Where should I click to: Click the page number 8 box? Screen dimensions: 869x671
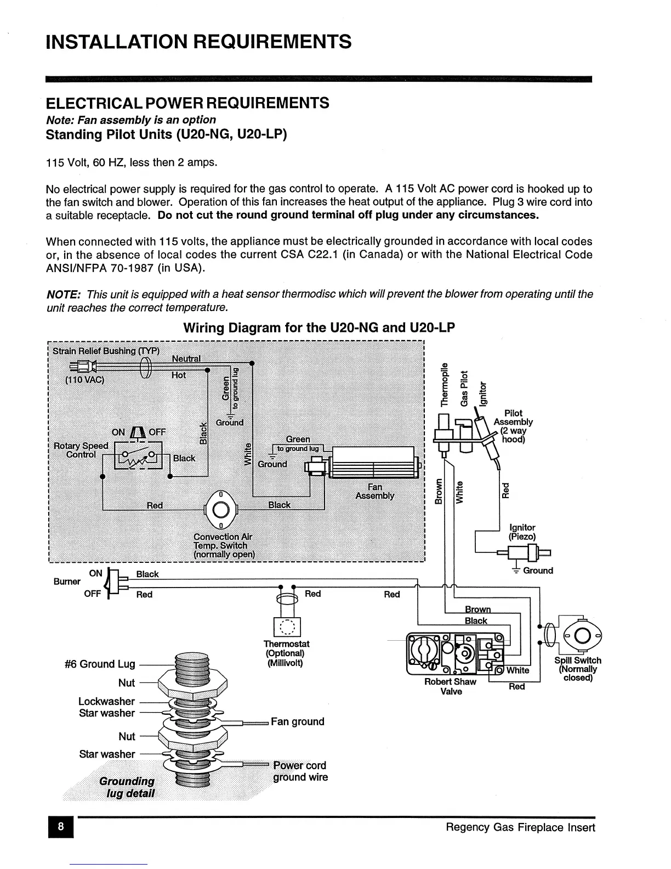pyautogui.click(x=61, y=827)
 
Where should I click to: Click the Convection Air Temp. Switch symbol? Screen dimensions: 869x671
pyautogui.click(x=220, y=510)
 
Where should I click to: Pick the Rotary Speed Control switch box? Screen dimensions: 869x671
pyautogui.click(x=138, y=455)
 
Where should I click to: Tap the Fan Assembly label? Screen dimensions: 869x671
pyautogui.click(x=375, y=491)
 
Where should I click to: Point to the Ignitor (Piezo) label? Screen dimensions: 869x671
pyautogui.click(x=522, y=532)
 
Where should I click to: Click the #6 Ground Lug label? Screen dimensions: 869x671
pyautogui.click(x=99, y=664)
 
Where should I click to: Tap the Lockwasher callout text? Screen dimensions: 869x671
pyautogui.click(x=106, y=701)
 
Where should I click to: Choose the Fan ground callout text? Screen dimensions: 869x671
pyautogui.click(x=298, y=721)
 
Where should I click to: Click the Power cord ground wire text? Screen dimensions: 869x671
pyautogui.click(x=300, y=771)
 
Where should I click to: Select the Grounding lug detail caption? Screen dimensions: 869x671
pyautogui.click(x=127, y=787)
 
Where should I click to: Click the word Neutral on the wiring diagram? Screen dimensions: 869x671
pyautogui.click(x=186, y=359)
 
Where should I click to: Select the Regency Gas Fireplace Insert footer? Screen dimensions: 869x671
pyautogui.click(x=520, y=827)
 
